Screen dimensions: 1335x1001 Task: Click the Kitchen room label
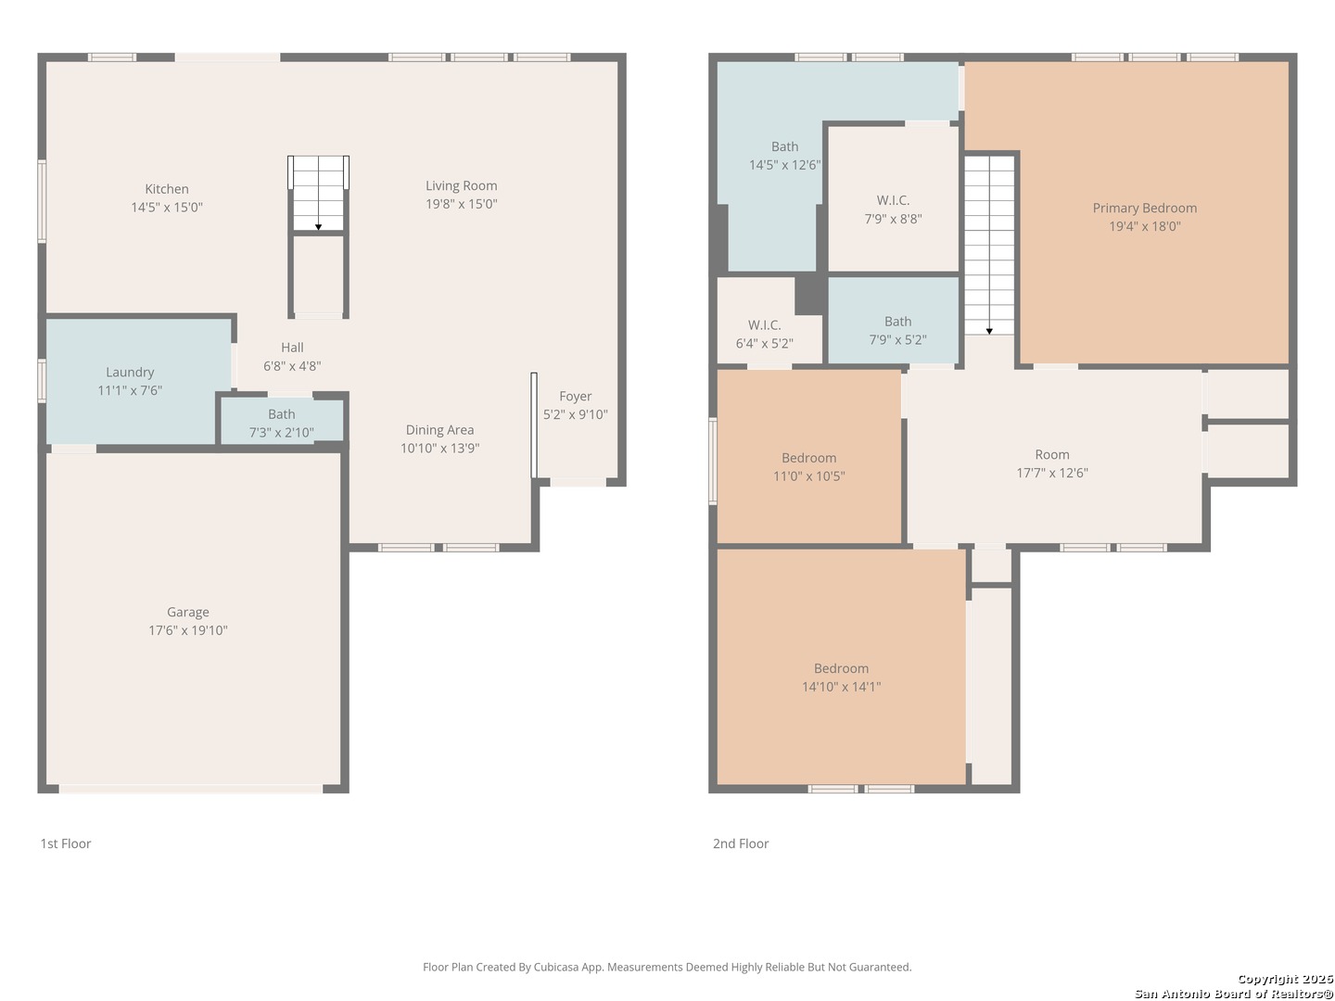[x=167, y=189]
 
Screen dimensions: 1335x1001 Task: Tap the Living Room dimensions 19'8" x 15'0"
[x=461, y=204]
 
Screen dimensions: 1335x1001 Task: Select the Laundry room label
[x=130, y=372]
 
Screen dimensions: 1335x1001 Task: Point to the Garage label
[x=188, y=612]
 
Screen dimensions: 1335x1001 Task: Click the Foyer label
[x=576, y=397]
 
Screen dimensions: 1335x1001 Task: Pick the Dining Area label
[x=439, y=430]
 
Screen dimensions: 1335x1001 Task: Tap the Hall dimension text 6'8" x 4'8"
[x=292, y=366]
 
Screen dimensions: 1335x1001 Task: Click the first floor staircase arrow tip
[x=318, y=229]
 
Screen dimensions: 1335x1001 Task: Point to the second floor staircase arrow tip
[x=989, y=333]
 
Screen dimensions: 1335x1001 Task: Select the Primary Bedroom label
[x=1145, y=208]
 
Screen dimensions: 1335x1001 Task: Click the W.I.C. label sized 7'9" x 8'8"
[x=893, y=200]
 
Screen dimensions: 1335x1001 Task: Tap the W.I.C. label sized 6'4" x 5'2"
[x=764, y=325]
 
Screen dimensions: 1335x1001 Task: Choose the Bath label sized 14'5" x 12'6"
[x=784, y=146]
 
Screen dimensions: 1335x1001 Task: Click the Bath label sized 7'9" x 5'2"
[x=897, y=322]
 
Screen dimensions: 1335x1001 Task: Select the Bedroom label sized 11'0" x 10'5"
[x=809, y=458]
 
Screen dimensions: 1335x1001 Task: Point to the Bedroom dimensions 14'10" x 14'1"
[x=841, y=687]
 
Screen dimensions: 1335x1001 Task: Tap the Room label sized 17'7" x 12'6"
[x=1052, y=454]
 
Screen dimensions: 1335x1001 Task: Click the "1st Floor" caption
[x=66, y=843]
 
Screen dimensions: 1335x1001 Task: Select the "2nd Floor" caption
[x=741, y=843]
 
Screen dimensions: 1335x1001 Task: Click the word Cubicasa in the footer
[x=556, y=967]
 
